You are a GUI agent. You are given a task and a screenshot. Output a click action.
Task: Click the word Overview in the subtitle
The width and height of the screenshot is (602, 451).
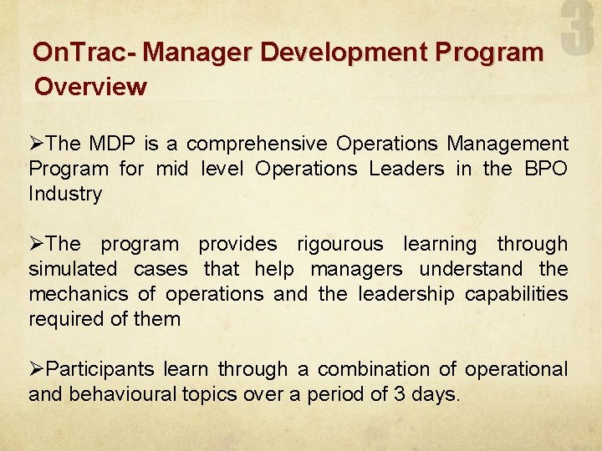89,86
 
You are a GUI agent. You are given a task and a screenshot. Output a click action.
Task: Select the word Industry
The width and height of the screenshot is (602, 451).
65,194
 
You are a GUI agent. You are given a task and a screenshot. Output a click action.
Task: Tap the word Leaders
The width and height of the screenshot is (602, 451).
408,169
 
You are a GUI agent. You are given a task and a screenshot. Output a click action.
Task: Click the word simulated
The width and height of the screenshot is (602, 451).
73,269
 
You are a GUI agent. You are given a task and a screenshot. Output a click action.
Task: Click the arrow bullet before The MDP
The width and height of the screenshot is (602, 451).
38,144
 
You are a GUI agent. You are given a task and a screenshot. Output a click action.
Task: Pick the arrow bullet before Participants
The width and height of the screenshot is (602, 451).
38,369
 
